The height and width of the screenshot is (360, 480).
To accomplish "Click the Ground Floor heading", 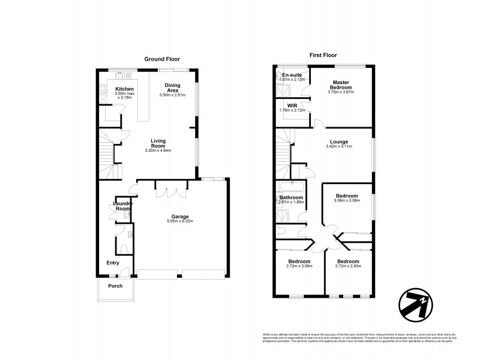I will click(x=162, y=58).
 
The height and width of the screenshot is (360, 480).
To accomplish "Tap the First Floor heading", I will click(x=325, y=55).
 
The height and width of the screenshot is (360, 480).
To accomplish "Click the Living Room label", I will click(x=158, y=143).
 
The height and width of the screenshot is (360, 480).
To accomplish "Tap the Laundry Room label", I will click(x=123, y=206).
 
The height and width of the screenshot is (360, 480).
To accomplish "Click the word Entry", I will click(x=113, y=263).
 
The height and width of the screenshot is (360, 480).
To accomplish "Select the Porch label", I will click(x=115, y=286).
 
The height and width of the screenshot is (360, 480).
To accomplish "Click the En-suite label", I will click(x=292, y=75).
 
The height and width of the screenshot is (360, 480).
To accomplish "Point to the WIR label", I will click(x=292, y=106).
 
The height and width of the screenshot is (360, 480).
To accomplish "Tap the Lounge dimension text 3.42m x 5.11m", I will click(x=338, y=146).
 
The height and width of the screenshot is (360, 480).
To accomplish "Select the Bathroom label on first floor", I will click(x=292, y=197).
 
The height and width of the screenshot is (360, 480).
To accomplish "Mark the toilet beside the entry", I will click(x=122, y=248).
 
